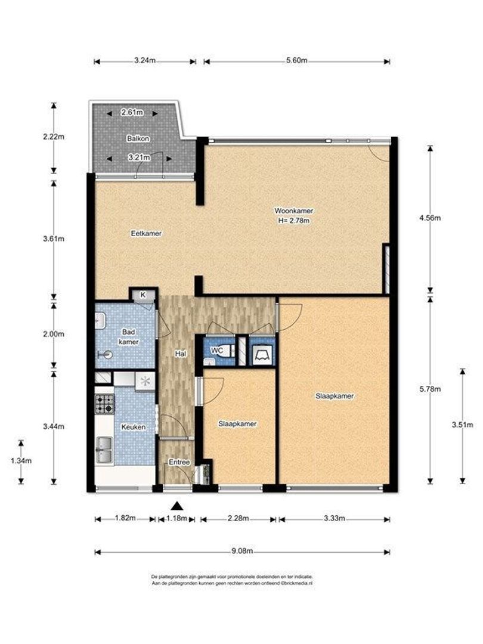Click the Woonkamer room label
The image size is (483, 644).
click(293, 210)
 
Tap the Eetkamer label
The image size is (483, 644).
click(146, 233)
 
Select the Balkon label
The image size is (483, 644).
click(138, 138)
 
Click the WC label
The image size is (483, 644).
click(217, 351)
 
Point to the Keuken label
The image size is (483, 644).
click(134, 427)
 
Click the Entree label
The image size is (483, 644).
click(179, 462)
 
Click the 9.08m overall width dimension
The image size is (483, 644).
click(242, 551)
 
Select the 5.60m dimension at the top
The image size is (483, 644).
click(296, 61)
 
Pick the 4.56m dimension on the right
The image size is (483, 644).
click(429, 218)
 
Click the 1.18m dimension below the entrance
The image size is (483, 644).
click(177, 518)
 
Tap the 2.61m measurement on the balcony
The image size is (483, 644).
click(132, 112)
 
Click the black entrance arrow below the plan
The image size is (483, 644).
click(177, 506)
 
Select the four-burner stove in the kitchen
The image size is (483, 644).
click(105, 403)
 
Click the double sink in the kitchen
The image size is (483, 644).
click(104, 450)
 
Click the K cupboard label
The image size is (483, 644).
click(143, 295)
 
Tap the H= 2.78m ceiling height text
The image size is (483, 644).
click(293, 221)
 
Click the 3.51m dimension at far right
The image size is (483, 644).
click(463, 425)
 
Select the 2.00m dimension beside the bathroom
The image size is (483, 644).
click(54, 334)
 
